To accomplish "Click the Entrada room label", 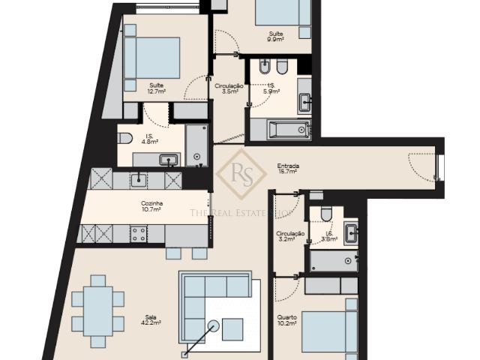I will [288, 169].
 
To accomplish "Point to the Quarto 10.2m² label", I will [286, 320].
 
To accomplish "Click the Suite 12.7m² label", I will [157, 88].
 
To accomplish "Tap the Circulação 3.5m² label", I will [229, 88].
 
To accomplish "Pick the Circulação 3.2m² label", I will [290, 237].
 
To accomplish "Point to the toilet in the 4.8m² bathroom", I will [125, 138].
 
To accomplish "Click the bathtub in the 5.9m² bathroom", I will [280, 130].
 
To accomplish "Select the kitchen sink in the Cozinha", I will [139, 178].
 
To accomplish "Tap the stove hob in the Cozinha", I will [138, 234].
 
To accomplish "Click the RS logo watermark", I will [241, 173].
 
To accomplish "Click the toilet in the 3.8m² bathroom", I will [326, 214].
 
